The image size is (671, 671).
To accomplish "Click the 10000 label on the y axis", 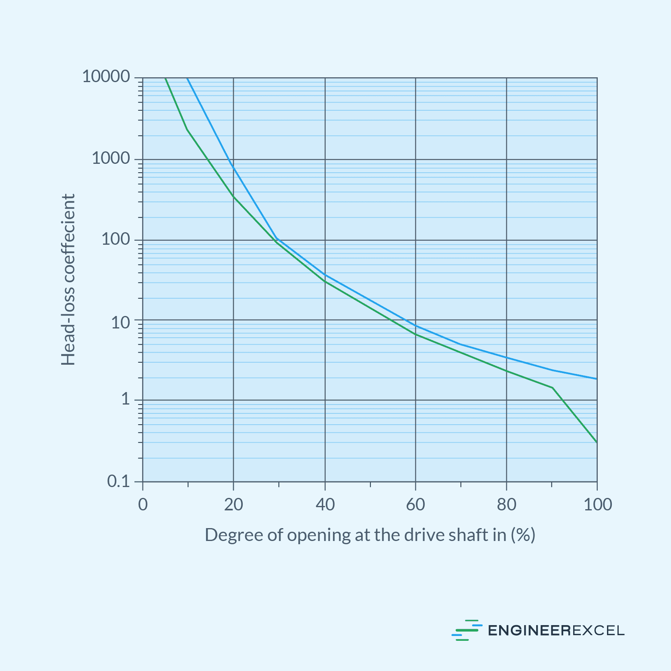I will pyautogui.click(x=106, y=76).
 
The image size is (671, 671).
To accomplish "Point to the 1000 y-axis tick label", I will pyautogui.click(x=111, y=159).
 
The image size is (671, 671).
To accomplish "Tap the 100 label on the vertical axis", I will pyautogui.click(x=116, y=239).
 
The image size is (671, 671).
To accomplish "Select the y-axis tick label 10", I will pyautogui.click(x=121, y=322).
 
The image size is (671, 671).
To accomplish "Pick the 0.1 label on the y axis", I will pyautogui.click(x=118, y=481).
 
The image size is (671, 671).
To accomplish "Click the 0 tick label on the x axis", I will pyautogui.click(x=143, y=504).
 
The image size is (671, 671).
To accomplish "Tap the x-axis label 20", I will pyautogui.click(x=233, y=504).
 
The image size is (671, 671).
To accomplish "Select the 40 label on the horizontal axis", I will pyautogui.click(x=325, y=504).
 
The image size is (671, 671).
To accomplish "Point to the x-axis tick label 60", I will pyautogui.click(x=415, y=504).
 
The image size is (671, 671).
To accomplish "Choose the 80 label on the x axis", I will pyautogui.click(x=506, y=504).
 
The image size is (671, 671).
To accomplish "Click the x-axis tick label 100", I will pyautogui.click(x=597, y=504).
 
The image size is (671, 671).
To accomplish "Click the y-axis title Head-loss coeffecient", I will pyautogui.click(x=68, y=280).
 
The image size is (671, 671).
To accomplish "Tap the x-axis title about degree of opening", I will pyautogui.click(x=370, y=535).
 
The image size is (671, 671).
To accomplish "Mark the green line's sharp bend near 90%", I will pyautogui.click(x=552, y=388).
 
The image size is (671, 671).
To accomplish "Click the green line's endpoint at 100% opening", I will pyautogui.click(x=597, y=442).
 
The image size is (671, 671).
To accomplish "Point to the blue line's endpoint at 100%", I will pyautogui.click(x=597, y=379).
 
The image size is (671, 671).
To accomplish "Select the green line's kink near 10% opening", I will pyautogui.click(x=187, y=129).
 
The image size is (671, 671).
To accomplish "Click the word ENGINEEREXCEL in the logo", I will pyautogui.click(x=556, y=630).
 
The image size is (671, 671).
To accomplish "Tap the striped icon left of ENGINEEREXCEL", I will pyautogui.click(x=467, y=630).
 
